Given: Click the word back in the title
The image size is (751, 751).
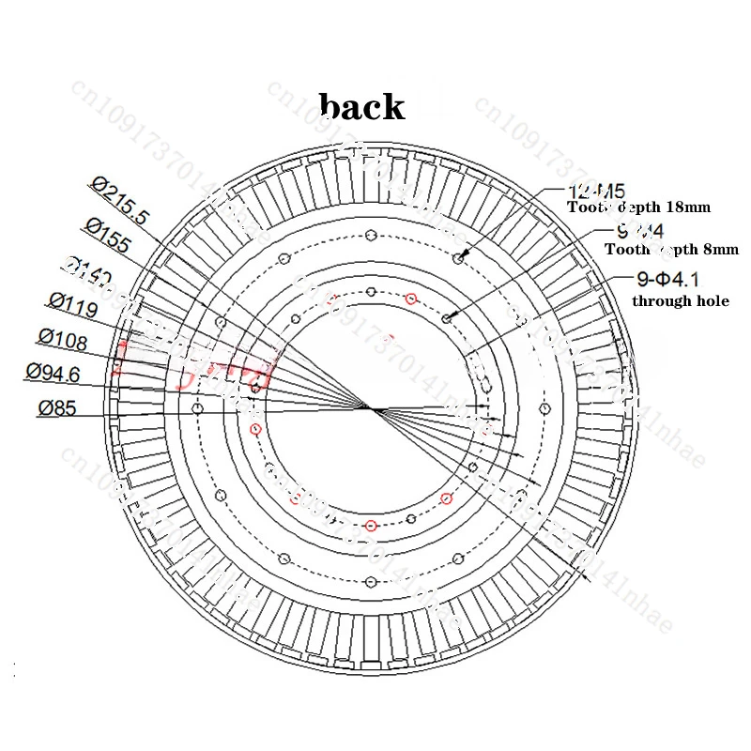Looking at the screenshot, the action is click(362, 106).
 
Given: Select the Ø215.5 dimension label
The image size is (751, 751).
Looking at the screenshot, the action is click(120, 198).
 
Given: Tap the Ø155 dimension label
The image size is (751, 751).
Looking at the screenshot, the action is click(107, 235).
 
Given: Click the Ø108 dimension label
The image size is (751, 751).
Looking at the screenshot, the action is click(64, 335).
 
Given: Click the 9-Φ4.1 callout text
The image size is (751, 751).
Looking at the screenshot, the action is click(667, 279).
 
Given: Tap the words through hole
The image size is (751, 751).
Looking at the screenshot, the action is click(680, 301).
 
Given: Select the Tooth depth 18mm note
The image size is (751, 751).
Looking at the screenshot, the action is click(638, 207).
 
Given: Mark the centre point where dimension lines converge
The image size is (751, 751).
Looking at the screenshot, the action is click(369, 408).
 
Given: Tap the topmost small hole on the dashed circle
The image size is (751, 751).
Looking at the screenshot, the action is click(371, 235).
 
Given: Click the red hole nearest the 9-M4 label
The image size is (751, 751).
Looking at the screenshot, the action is click(410, 299).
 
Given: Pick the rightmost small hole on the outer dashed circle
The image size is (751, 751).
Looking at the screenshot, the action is click(544, 408).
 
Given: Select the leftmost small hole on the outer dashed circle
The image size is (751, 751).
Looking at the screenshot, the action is click(196, 408).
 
